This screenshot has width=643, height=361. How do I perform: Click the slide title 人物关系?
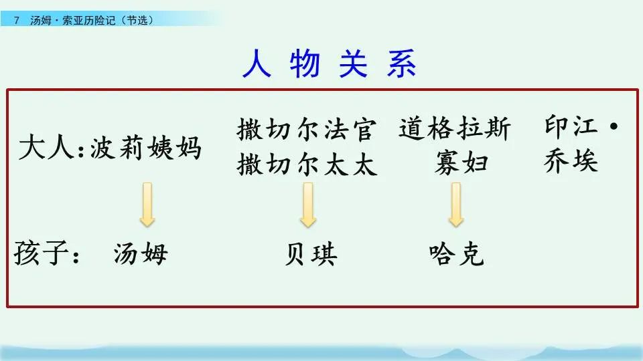329,65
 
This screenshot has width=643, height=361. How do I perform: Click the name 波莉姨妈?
145,148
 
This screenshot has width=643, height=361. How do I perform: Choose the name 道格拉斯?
455,128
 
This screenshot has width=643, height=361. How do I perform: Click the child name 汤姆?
141,255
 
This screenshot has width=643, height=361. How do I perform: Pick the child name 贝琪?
310,255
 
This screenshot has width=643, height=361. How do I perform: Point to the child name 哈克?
456,255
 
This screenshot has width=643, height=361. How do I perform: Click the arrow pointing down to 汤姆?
147,205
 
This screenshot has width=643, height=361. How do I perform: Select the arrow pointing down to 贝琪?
308,205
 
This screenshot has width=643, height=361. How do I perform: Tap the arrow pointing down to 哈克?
456,205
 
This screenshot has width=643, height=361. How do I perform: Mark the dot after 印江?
610,126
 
